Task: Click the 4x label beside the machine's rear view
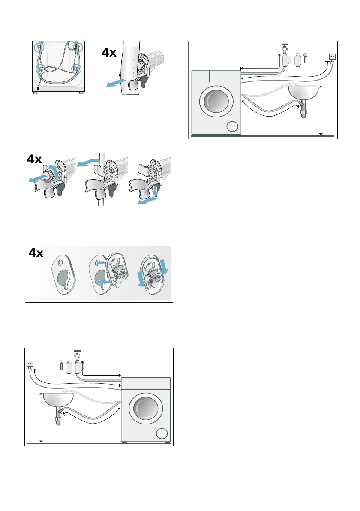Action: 109,52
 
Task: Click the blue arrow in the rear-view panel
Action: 116,82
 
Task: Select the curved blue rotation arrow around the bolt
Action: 55,172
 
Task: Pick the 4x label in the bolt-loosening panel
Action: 35,159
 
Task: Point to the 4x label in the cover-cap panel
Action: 36,253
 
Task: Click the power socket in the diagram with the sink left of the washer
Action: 30,364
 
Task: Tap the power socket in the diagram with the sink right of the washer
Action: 332,57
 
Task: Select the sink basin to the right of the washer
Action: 303,93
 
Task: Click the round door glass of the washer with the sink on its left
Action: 146,409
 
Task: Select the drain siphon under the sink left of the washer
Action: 58,417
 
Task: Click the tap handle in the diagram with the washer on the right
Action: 78,352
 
